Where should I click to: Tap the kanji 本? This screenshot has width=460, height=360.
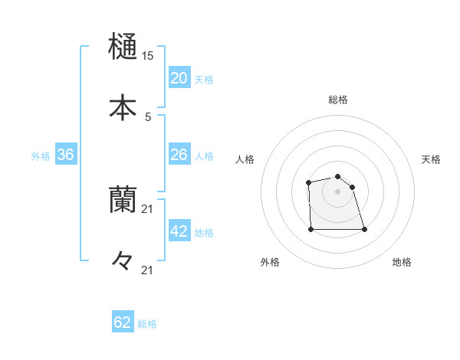click(x=123, y=107)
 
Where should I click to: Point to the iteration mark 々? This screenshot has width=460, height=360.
click(x=123, y=260)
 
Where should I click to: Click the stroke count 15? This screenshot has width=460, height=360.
click(x=147, y=56)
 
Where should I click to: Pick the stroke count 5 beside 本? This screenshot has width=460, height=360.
click(x=147, y=117)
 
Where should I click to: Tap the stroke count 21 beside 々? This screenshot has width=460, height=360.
click(x=147, y=270)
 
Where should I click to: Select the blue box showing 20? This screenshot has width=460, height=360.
click(x=179, y=77)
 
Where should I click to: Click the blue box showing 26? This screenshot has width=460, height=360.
click(x=179, y=154)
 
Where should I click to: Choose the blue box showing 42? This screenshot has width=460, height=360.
click(x=179, y=231)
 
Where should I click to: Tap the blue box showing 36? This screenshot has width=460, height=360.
click(x=66, y=155)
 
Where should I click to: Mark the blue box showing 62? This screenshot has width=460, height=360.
click(x=123, y=322)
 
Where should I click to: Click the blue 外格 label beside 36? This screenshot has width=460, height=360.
click(x=41, y=156)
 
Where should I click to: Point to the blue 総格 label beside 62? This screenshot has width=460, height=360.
click(x=147, y=324)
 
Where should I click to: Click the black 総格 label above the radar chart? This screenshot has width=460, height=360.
click(x=338, y=100)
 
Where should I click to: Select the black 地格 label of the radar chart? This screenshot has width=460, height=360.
click(x=402, y=262)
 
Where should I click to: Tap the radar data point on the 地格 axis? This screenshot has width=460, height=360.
click(x=364, y=229)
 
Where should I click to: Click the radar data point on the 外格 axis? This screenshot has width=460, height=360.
click(x=310, y=229)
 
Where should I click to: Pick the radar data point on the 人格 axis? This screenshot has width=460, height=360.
click(x=308, y=182)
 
